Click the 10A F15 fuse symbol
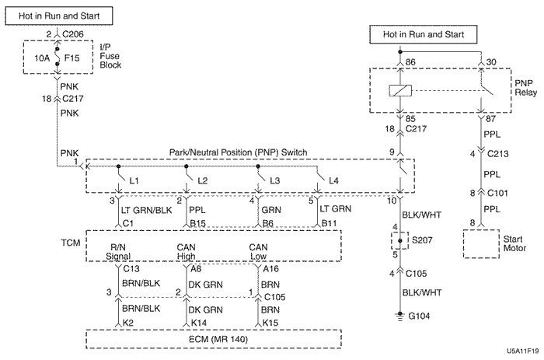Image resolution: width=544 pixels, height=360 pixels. coord(58,57)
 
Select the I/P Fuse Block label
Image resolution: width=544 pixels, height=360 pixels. coord(112,56)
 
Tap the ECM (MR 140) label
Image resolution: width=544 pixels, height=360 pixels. coord(212,339)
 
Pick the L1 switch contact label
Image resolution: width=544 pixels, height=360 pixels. coord(135,180)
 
